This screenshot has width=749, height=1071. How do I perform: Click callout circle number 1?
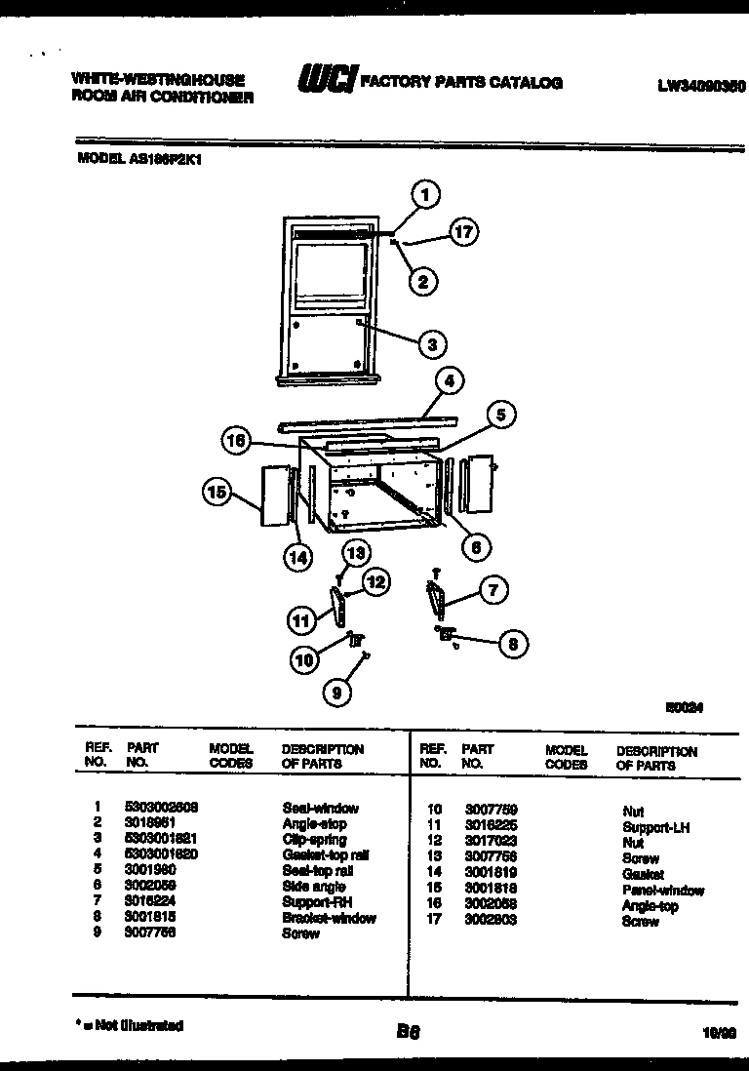(425, 194)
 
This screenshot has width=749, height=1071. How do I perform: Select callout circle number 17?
(465, 231)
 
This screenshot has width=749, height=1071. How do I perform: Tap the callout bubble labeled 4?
(448, 381)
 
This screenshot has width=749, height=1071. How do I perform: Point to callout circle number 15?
(217, 492)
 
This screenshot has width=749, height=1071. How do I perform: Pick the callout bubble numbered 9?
(336, 692)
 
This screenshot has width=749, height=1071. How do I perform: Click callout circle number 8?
(511, 643)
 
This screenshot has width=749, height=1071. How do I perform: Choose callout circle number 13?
(356, 553)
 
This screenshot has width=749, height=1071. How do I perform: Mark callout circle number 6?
(475, 547)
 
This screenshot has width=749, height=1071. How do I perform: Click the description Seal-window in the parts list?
(320, 808)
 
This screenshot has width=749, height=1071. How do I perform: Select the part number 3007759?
(491, 809)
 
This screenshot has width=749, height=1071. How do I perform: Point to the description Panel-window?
(662, 891)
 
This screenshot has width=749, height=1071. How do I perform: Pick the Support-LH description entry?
(655, 827)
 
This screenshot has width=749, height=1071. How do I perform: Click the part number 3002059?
(149, 887)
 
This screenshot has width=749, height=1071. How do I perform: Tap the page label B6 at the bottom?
(408, 1031)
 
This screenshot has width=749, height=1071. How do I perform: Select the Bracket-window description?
(329, 918)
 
